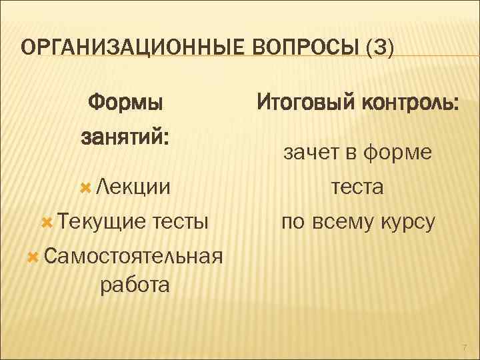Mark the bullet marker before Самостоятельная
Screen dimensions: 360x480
pos(33,255)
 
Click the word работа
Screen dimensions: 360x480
pos(134,285)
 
